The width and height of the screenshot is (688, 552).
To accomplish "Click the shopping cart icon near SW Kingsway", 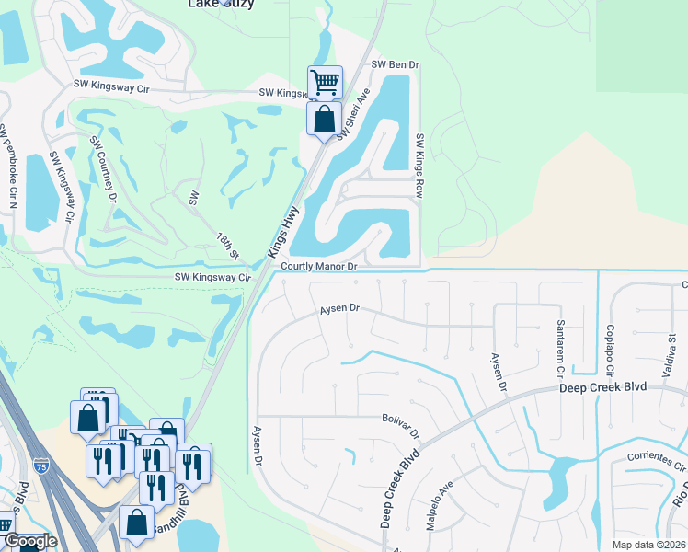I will [x=325, y=82].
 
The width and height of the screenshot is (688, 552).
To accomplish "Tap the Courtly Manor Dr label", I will [x=318, y=266].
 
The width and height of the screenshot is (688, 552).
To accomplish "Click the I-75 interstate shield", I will [x=40, y=466].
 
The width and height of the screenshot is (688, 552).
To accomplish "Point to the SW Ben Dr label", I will [x=395, y=65].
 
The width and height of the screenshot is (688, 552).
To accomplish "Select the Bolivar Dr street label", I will [x=401, y=425].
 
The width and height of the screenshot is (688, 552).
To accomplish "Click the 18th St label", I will [x=227, y=245].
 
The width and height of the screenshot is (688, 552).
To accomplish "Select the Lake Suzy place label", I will [x=221, y=4].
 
